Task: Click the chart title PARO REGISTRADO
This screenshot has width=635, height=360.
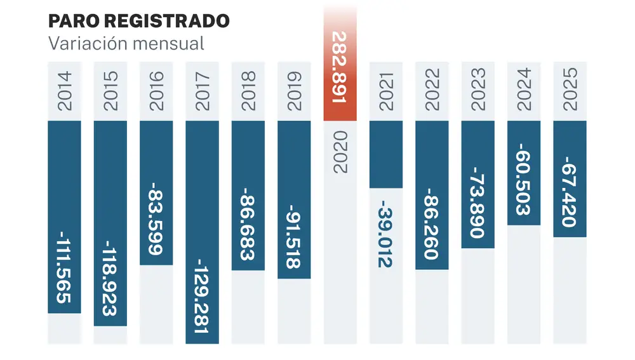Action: point(138,21)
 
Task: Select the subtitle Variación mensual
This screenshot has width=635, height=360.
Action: point(126,44)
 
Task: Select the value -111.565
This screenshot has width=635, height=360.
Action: point(65,267)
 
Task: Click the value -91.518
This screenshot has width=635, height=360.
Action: point(294,237)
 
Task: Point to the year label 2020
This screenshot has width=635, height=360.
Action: point(340,152)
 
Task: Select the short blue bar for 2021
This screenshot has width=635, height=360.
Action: point(386,154)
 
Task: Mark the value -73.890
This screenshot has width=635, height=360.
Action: point(478,201)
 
